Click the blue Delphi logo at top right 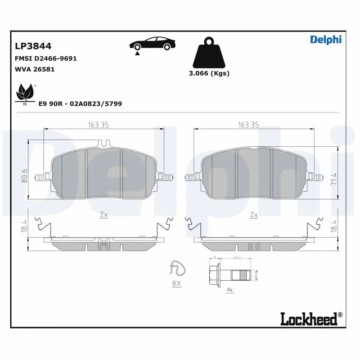[326, 39]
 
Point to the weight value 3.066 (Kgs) [209, 73]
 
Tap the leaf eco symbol [25, 94]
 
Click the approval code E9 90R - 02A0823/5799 [80, 103]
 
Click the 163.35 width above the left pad [98, 126]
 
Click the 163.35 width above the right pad [248, 126]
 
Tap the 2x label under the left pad [103, 216]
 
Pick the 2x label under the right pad [254, 216]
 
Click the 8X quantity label [175, 284]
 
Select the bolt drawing [232, 273]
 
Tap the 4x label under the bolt [229, 289]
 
